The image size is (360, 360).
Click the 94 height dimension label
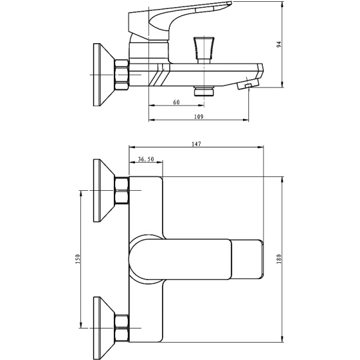point(279,44)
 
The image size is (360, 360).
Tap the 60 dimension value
point(176,102)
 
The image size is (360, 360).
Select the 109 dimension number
point(199,116)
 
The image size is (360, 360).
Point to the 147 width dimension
point(196,144)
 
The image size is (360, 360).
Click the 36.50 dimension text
point(146,159)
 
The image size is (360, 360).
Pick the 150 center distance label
point(78,259)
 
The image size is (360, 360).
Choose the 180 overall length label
point(279,259)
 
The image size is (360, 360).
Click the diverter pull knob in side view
point(204,50)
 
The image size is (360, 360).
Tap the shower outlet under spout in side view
point(204,91)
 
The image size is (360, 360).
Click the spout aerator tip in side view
point(248,84)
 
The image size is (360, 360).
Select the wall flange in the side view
point(104,74)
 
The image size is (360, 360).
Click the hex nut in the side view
point(121,74)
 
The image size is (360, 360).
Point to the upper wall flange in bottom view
point(104,190)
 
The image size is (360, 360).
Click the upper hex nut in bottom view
point(121,190)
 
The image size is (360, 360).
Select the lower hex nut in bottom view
point(121,328)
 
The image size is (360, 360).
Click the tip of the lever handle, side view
point(230,3)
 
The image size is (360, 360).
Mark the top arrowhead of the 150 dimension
point(80,194)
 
